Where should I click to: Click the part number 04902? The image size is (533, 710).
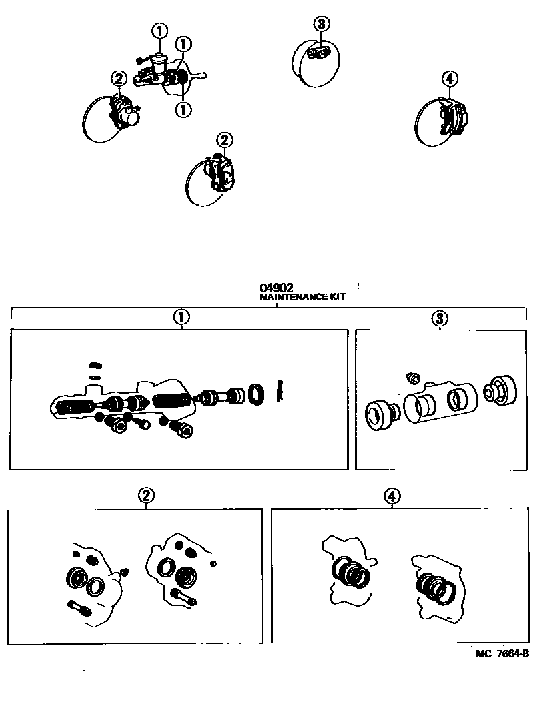[x=276, y=288]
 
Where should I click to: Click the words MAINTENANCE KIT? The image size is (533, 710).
[x=302, y=297]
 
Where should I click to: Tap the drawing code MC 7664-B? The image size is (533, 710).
[x=502, y=653]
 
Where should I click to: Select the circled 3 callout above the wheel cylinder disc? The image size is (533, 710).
[x=322, y=23]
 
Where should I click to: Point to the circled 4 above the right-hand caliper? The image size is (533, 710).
[x=449, y=79]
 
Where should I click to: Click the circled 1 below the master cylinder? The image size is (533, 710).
[x=183, y=109]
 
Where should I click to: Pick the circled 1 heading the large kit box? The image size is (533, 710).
[x=181, y=318]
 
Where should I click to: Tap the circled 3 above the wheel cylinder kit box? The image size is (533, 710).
[x=440, y=319]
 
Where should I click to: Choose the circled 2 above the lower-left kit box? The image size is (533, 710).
[x=146, y=496]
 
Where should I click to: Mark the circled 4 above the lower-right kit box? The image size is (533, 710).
[x=392, y=496]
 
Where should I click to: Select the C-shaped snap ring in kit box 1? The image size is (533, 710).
[x=280, y=390]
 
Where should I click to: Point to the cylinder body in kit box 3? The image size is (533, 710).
[x=439, y=402]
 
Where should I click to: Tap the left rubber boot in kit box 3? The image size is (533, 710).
[x=381, y=415]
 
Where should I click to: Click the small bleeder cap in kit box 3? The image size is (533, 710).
[x=413, y=377]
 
